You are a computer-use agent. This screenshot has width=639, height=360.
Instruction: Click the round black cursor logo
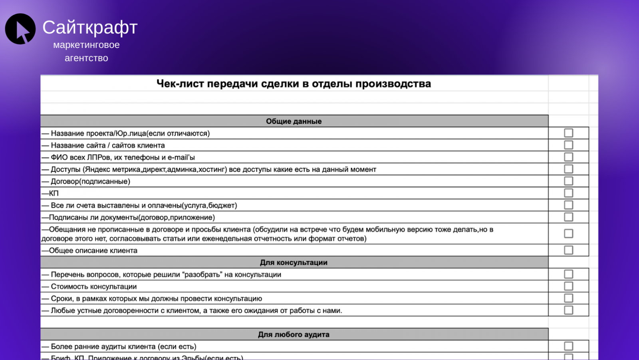pos(20,29)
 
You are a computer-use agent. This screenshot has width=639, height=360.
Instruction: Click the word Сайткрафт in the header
pos(90,28)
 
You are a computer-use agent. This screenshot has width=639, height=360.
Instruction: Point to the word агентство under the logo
pos(86,58)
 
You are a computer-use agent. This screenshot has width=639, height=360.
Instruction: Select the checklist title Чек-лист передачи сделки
pos(294,84)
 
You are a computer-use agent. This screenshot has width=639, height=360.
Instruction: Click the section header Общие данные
pos(294,121)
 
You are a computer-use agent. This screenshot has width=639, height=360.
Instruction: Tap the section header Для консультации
pos(294,263)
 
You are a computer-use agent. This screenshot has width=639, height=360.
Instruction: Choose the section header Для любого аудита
pos(294,334)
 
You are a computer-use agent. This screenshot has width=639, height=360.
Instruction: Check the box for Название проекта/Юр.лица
pos(568,133)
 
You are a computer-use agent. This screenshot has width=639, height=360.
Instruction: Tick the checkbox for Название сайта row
pos(568,145)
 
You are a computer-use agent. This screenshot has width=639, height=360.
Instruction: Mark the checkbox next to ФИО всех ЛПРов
pos(568,157)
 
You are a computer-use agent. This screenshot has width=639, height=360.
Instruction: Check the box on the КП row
pos(568,193)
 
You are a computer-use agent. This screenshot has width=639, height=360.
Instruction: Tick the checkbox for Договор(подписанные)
pos(568,181)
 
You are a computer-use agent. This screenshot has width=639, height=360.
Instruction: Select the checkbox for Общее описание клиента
pos(568,250)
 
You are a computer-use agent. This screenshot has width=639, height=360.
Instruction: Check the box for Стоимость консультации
pos(568,286)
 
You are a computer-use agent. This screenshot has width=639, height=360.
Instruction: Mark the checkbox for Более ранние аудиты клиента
pos(568,346)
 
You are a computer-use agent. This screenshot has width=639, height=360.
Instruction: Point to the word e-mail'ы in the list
pos(181,157)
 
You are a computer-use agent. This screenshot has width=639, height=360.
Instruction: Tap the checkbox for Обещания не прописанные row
pos(568,233)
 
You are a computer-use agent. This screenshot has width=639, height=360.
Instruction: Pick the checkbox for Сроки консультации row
pos(568,298)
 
